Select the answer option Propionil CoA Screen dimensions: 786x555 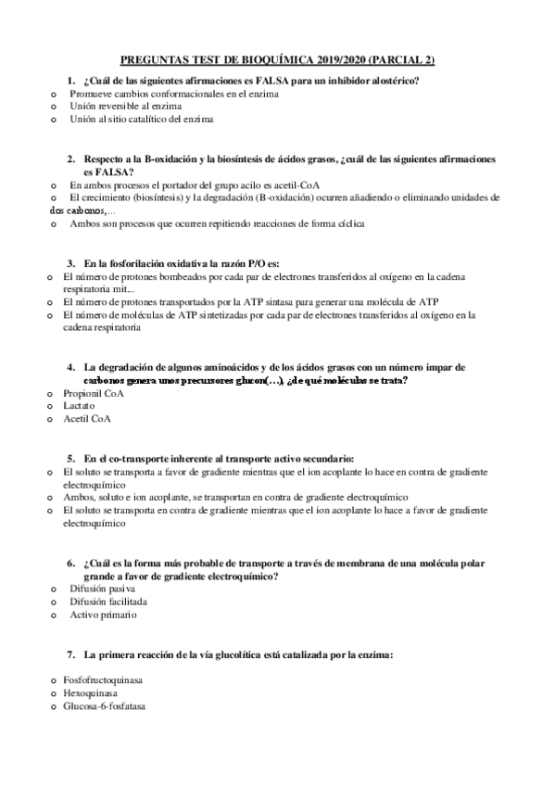[94, 393]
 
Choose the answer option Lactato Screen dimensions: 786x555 [80, 405]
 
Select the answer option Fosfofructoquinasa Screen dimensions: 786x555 [104, 679]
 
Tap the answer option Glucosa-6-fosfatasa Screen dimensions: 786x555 [104, 705]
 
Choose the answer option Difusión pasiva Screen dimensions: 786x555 [102, 589]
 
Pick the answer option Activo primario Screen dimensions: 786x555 [103, 615]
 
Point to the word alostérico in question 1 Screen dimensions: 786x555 [392, 81]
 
